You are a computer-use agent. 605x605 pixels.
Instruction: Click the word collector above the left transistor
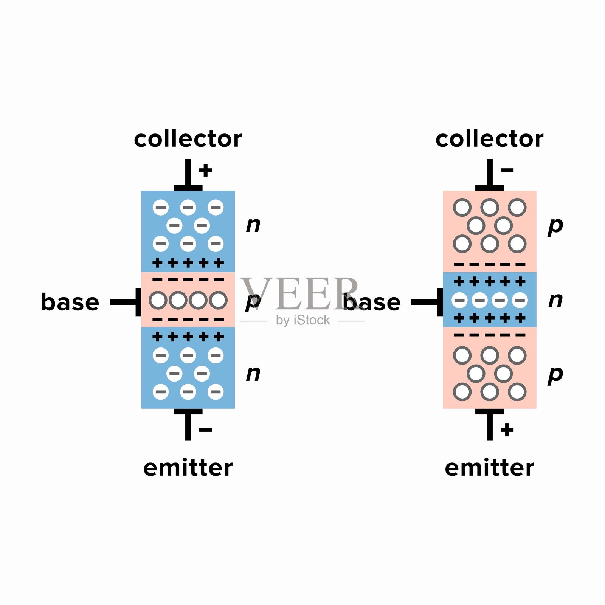click(x=188, y=139)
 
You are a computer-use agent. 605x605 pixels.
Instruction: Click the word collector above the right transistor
click(x=489, y=139)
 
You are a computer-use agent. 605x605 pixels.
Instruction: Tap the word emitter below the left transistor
click(x=188, y=468)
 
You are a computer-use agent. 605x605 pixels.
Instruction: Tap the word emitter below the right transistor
click(x=489, y=468)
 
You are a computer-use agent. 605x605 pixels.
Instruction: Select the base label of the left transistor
click(x=70, y=302)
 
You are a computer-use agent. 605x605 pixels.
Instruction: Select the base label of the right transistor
click(x=372, y=302)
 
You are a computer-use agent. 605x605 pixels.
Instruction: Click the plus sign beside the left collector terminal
click(x=206, y=170)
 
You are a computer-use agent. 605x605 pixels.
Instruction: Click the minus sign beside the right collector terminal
click(x=507, y=170)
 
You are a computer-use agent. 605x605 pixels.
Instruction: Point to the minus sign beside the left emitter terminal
click(x=205, y=430)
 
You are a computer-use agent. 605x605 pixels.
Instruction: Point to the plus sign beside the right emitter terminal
click(x=507, y=430)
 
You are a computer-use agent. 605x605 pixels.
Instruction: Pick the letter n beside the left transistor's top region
click(x=253, y=225)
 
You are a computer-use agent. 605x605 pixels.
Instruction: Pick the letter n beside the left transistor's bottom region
click(x=253, y=374)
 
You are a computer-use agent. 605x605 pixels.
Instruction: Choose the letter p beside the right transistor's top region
click(x=555, y=226)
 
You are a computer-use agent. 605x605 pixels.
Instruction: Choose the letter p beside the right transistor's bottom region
click(x=555, y=375)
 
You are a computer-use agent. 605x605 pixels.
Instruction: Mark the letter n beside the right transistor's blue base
click(x=555, y=301)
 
